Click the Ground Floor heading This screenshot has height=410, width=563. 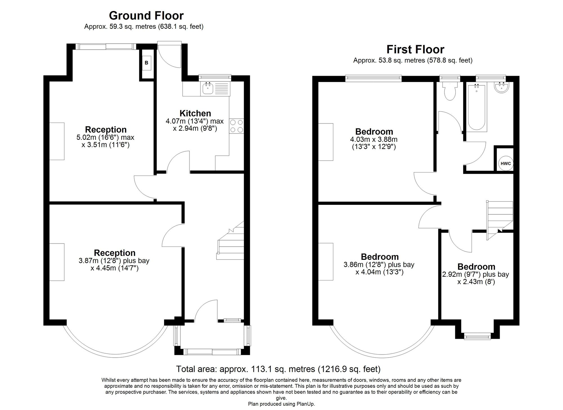[x=146, y=15]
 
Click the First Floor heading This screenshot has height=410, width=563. [x=415, y=49]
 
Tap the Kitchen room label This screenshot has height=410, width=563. [x=195, y=113]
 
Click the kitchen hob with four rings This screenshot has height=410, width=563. [x=236, y=126]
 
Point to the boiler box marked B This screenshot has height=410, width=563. [x=146, y=63]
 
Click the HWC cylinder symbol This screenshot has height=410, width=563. [x=506, y=163]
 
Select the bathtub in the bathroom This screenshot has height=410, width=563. [x=477, y=107]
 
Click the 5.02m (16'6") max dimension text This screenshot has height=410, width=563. [x=105, y=138]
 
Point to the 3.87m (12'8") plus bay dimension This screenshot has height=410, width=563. [x=114, y=261]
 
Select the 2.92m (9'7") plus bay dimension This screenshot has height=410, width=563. [x=476, y=274]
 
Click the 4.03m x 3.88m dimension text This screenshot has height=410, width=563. [x=374, y=139]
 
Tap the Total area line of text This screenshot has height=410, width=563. [x=278, y=369]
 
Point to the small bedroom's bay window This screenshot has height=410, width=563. [x=477, y=336]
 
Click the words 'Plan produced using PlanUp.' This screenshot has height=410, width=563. [x=281, y=404]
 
